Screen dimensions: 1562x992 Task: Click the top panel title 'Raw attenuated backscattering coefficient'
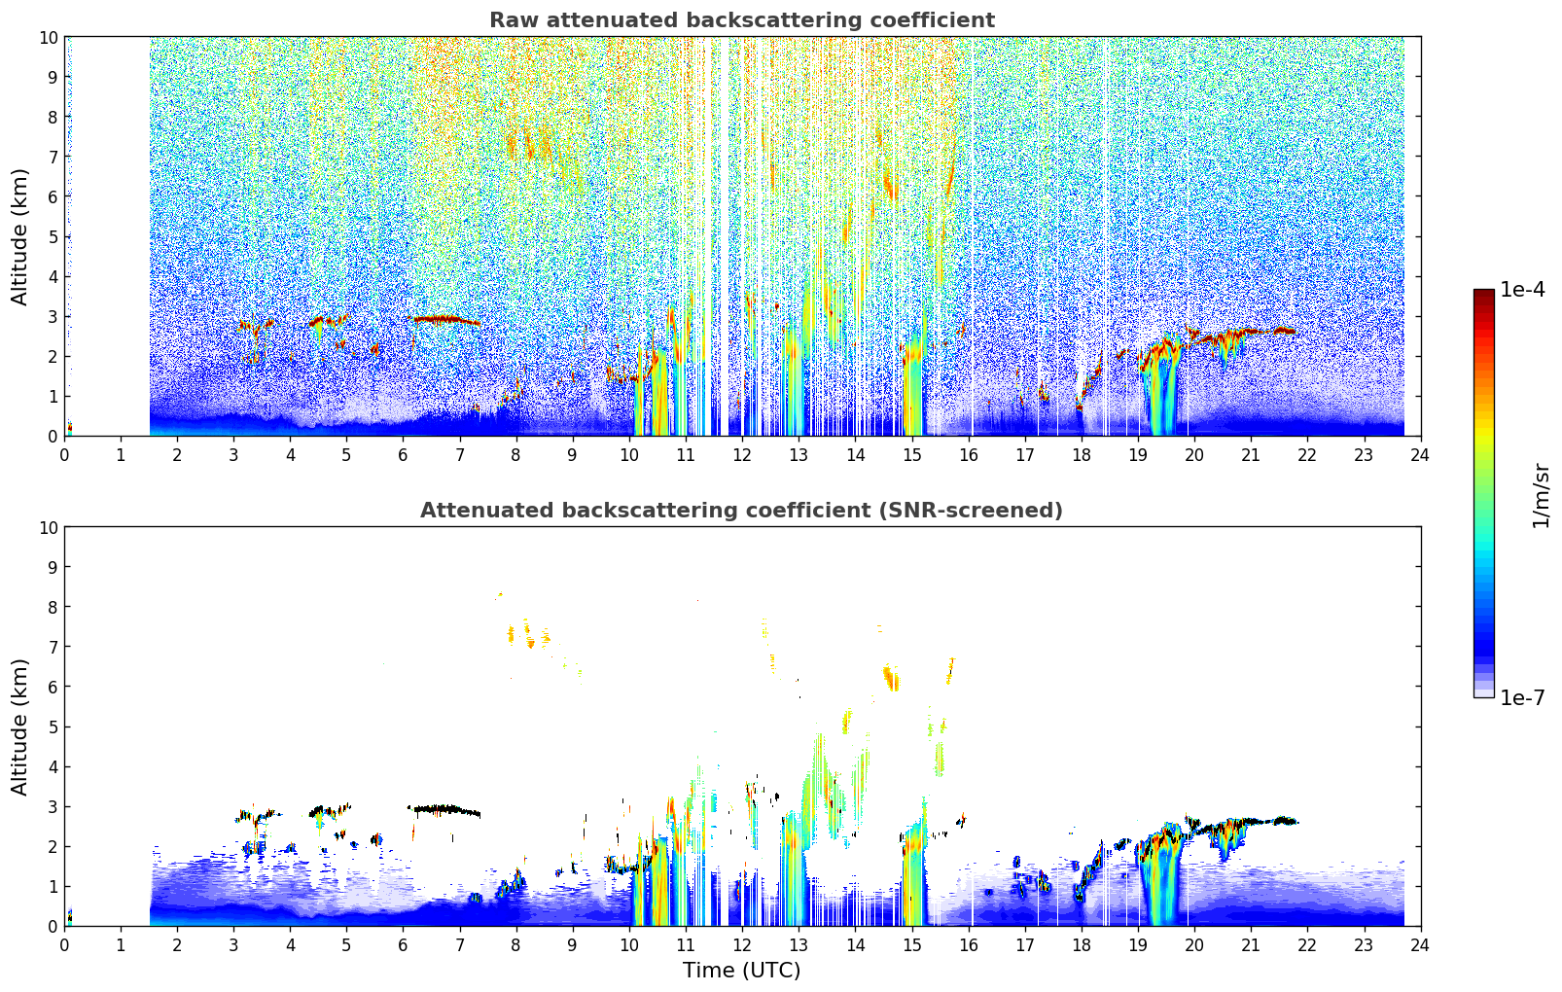(742, 20)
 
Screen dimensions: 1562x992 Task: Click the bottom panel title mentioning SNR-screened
(741, 511)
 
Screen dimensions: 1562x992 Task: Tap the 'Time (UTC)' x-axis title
(741, 971)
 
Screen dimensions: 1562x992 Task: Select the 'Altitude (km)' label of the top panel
(19, 237)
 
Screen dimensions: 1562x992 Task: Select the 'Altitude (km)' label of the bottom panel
(19, 727)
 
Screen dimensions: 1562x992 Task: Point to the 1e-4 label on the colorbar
(1522, 290)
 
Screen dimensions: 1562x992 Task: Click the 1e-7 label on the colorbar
(1522, 698)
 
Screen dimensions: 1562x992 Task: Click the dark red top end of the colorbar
(1484, 293)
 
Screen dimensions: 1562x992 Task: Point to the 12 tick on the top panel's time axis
(743, 455)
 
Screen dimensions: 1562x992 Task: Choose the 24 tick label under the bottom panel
(1420, 945)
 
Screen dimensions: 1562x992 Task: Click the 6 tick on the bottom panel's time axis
(403, 945)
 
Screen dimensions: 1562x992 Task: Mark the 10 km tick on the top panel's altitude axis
(48, 38)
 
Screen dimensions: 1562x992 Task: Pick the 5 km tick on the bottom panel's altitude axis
(53, 727)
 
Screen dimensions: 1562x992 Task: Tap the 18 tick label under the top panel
(1082, 455)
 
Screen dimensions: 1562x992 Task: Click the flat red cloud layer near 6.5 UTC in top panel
(444, 321)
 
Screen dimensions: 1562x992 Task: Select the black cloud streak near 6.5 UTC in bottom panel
(444, 810)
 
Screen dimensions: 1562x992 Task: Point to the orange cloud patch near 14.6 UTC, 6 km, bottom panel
(891, 678)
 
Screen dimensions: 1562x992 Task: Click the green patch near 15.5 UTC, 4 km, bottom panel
(940, 759)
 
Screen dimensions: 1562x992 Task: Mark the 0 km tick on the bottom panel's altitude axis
(53, 927)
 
